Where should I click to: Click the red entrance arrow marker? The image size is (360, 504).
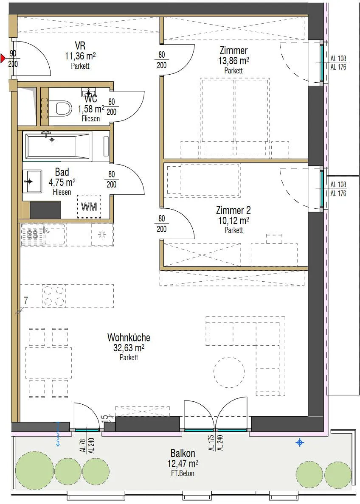coord(3,59)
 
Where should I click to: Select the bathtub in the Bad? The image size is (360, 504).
coord(58,146)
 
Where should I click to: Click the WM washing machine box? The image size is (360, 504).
coord(89,206)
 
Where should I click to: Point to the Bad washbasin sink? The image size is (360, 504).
coord(32,181)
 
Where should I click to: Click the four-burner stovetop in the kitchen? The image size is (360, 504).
coord(54,296)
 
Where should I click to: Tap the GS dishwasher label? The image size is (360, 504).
coord(32,235)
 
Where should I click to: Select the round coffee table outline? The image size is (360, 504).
coord(229,372)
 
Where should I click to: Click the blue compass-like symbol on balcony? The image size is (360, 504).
coord(300,443)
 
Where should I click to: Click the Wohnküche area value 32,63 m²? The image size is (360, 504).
coord(129,347)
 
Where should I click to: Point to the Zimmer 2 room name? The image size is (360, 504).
coord(233,210)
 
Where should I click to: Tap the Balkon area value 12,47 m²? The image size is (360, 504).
coord(183,464)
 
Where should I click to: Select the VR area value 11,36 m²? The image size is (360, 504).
coord(80,56)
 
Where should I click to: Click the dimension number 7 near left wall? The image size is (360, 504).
coord(26,300)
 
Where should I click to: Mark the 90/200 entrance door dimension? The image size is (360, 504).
coord(13,59)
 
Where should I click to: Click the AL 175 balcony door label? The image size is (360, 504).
coord(211,443)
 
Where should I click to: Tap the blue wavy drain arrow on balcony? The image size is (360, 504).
coord(58,434)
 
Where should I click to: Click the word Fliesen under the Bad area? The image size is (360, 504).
coord(62,192)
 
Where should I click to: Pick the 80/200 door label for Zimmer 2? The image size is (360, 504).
coord(161,224)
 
